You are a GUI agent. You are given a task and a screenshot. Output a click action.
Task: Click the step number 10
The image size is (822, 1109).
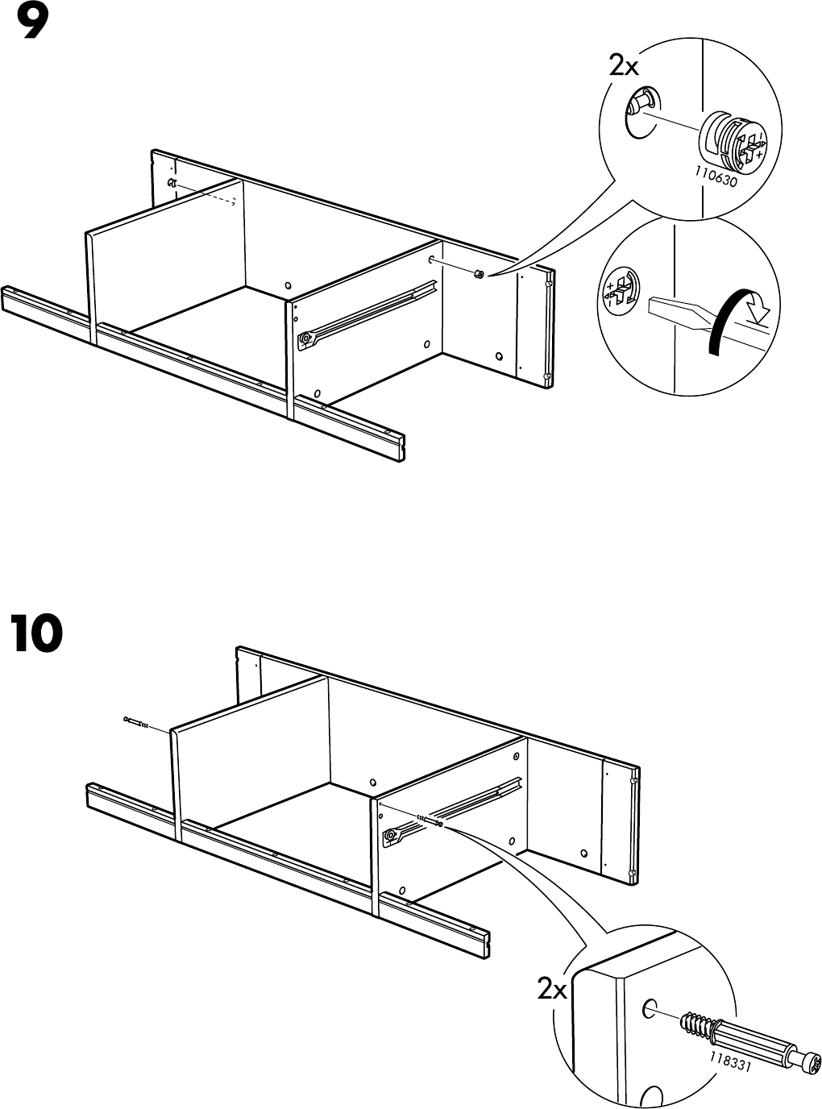(36, 633)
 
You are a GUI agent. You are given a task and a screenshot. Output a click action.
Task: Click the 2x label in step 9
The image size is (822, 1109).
(624, 65)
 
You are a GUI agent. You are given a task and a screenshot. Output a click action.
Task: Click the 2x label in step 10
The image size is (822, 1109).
(553, 989)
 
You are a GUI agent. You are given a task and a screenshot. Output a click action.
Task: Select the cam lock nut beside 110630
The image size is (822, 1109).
(732, 142)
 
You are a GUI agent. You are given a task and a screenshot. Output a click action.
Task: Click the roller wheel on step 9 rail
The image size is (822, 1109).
(305, 340)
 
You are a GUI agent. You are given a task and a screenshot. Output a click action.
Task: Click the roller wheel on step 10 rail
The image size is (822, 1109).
(391, 837)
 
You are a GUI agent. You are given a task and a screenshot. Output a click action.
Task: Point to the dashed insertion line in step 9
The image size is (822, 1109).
(206, 194)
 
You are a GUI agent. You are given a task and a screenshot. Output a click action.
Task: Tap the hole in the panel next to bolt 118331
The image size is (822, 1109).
(649, 1008)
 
